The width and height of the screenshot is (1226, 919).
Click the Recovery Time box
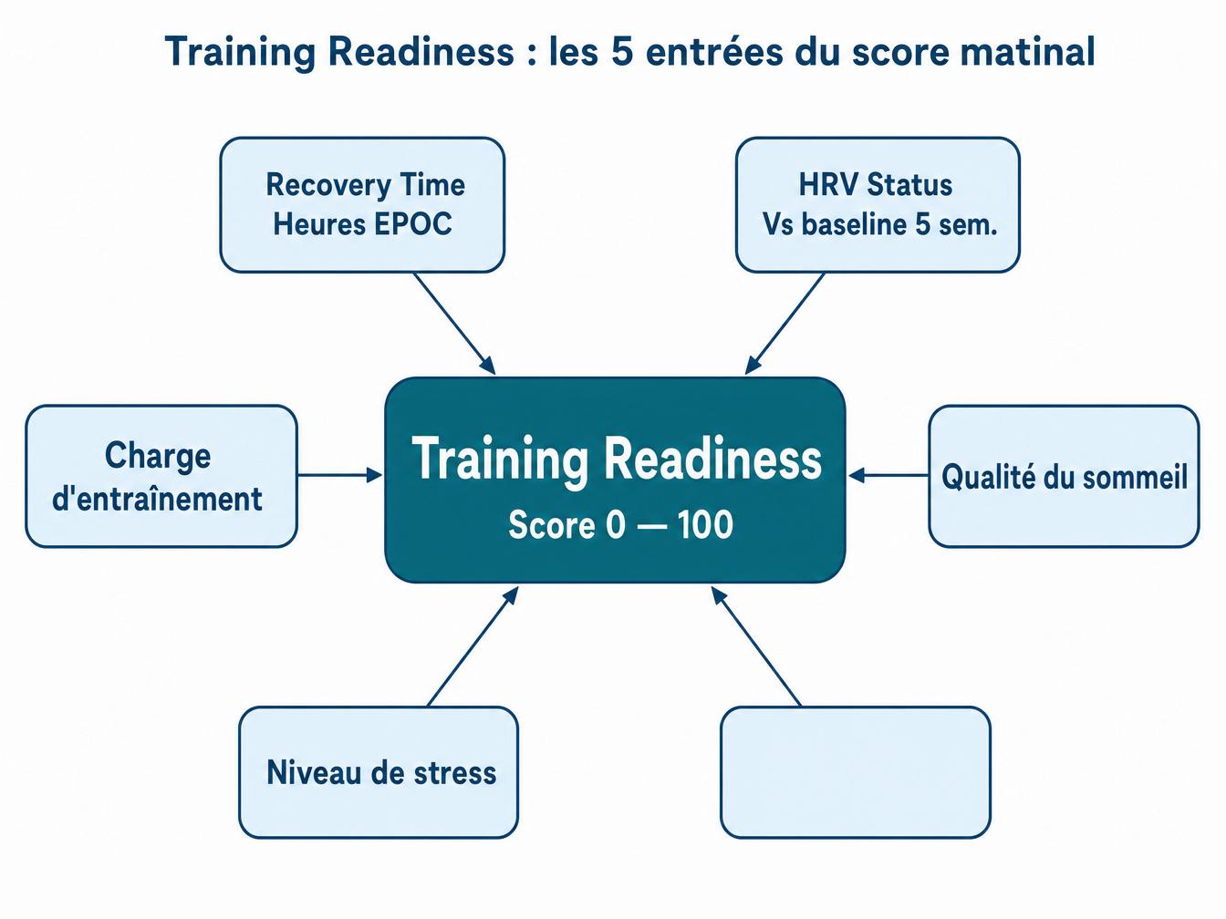(362, 204)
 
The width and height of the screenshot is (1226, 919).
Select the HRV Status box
(878, 204)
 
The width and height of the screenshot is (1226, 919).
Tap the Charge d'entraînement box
(161, 476)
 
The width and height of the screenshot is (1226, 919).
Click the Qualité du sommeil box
(1064, 476)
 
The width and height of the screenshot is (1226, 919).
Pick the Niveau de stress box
(379, 772)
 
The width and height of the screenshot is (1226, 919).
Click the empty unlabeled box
(856, 772)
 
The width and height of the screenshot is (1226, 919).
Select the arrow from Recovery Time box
(454, 323)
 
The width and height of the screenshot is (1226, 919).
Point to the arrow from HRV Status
(785, 323)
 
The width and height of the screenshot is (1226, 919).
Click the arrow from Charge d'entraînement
(339, 475)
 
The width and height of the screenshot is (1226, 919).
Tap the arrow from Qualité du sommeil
(888, 475)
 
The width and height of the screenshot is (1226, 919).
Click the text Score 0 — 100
(620, 525)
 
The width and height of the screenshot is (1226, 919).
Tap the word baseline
(853, 224)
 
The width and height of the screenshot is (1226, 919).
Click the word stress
(455, 773)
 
